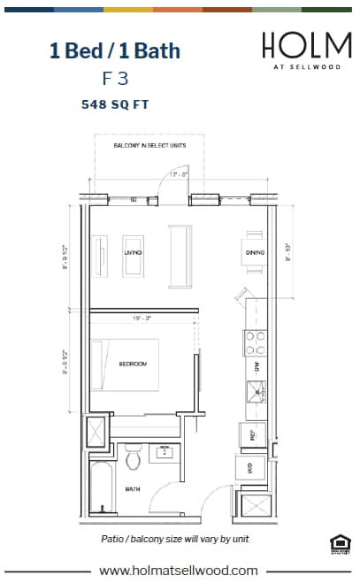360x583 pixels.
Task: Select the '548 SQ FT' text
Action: tap(115, 104)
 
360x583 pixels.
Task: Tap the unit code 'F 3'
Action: tap(115, 78)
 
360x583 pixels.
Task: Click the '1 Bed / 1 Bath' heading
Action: tap(115, 50)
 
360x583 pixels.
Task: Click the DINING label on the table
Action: tap(251, 253)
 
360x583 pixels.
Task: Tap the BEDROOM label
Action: tap(133, 364)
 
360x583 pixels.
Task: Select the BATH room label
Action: tap(133, 488)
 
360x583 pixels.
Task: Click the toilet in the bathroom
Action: tap(133, 459)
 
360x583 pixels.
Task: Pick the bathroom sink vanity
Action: tap(164, 452)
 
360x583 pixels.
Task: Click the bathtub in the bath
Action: tap(98, 487)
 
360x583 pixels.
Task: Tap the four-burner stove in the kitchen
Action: tap(256, 341)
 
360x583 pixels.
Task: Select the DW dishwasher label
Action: tap(256, 365)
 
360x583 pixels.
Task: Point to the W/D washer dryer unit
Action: tap(249, 469)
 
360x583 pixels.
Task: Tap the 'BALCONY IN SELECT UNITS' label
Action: tap(149, 145)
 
